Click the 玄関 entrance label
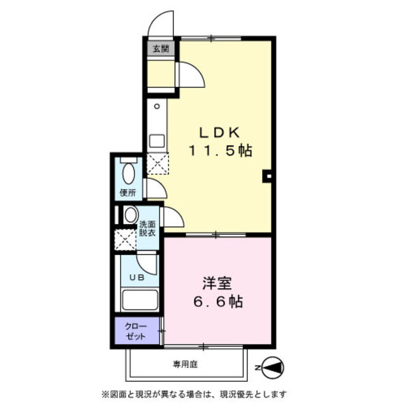click(x=160, y=49)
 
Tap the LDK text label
click(x=219, y=133)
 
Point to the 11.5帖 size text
click(x=220, y=150)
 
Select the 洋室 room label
click(x=217, y=283)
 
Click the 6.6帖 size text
click(x=218, y=301)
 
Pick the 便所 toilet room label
click(x=128, y=193)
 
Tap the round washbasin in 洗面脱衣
click(x=130, y=215)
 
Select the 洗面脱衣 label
click(x=147, y=228)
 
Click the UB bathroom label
click(x=137, y=278)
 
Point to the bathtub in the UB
click(x=140, y=300)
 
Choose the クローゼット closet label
click(x=136, y=331)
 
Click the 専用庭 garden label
click(x=185, y=365)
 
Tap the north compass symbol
click(x=272, y=368)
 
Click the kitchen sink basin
click(x=157, y=141)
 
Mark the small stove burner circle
click(x=157, y=106)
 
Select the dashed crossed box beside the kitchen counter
click(x=158, y=163)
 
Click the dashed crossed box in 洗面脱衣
click(x=126, y=240)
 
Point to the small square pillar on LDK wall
click(x=268, y=176)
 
